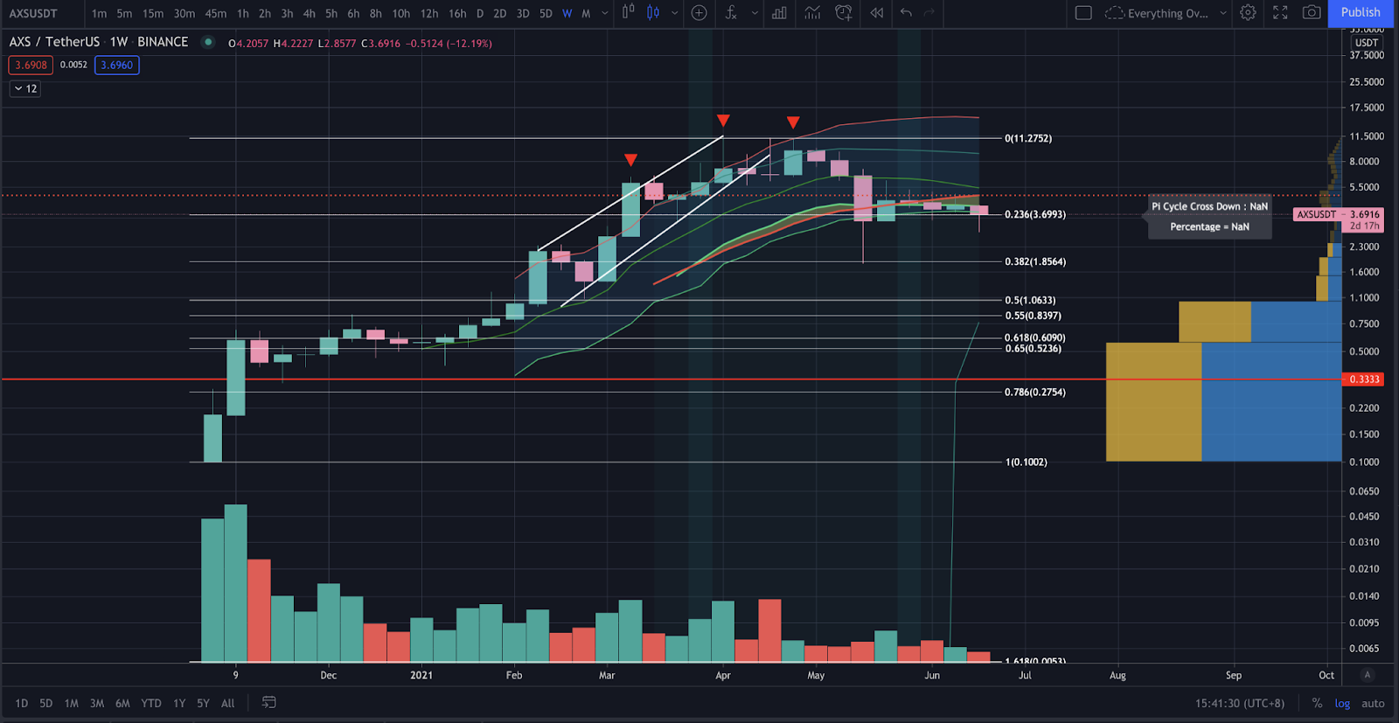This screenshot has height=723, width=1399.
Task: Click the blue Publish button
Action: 1361,12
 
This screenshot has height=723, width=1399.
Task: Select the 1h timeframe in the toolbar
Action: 242,13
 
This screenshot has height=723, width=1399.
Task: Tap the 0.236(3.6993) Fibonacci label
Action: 1035,214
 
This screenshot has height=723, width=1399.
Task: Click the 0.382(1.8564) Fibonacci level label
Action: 1035,261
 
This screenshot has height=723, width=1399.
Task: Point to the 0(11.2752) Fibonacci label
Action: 1028,138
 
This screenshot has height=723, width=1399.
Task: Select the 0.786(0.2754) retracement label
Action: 1035,392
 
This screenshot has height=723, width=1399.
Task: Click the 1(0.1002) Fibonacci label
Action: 1027,462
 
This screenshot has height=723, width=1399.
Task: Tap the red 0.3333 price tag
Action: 1364,379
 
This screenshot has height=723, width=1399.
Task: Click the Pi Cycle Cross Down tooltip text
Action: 1209,206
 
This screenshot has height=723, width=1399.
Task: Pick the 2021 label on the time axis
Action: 421,675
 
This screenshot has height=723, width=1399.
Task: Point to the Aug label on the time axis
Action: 1117,675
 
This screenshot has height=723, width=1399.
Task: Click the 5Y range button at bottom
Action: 203,703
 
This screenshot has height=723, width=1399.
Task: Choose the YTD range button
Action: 151,703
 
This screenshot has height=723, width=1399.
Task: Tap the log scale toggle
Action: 1342,703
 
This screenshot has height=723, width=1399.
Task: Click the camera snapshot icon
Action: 1312,12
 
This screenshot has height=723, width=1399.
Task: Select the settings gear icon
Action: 1248,12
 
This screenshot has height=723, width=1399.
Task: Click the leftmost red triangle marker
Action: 630,160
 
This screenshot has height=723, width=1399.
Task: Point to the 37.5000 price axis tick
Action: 1367,55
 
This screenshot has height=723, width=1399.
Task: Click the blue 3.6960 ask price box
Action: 116,65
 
